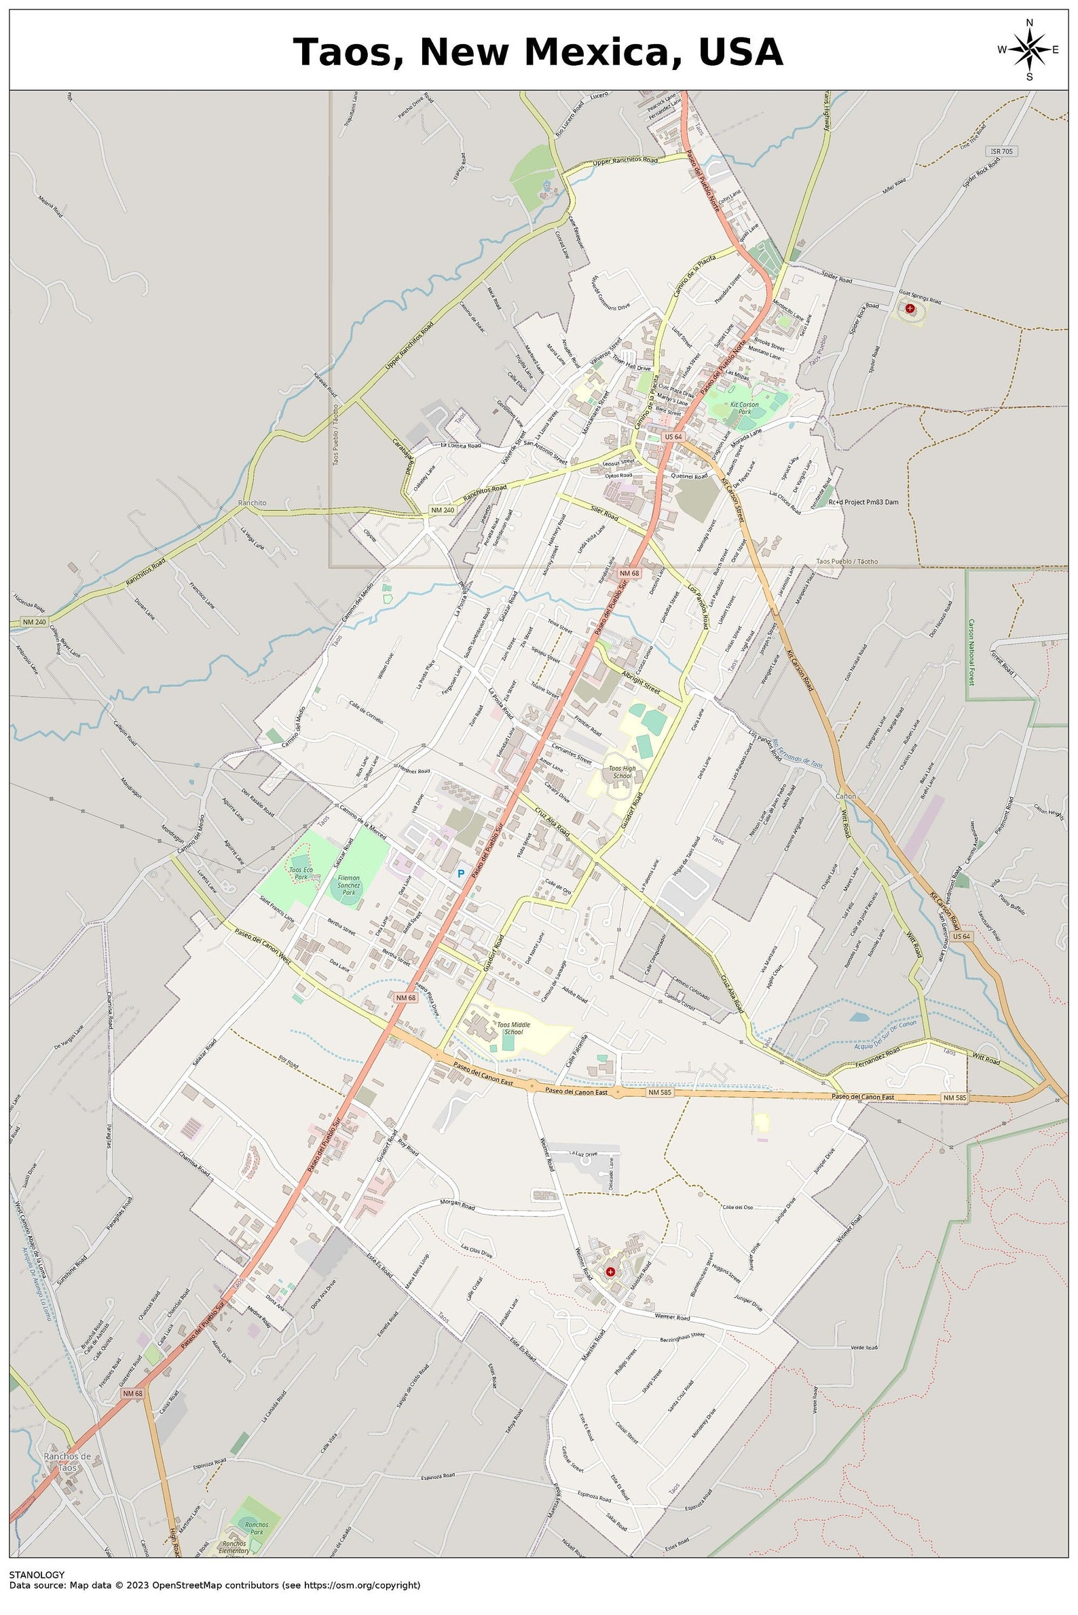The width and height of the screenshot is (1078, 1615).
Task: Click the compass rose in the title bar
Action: pyautogui.click(x=1028, y=50)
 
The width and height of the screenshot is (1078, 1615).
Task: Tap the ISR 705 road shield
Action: pyautogui.click(x=1002, y=151)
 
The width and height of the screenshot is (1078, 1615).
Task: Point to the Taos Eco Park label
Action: pyautogui.click(x=301, y=873)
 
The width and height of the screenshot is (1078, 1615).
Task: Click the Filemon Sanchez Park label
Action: pyautogui.click(x=348, y=885)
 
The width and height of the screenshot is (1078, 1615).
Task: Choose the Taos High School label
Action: pyautogui.click(x=621, y=772)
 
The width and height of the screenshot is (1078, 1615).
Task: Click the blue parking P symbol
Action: pyautogui.click(x=462, y=873)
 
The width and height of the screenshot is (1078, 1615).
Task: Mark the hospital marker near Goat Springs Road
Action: pyautogui.click(x=910, y=309)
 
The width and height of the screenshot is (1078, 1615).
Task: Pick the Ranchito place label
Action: pyautogui.click(x=252, y=503)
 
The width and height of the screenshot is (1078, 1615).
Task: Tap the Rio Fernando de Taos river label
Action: pyautogui.click(x=797, y=759)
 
